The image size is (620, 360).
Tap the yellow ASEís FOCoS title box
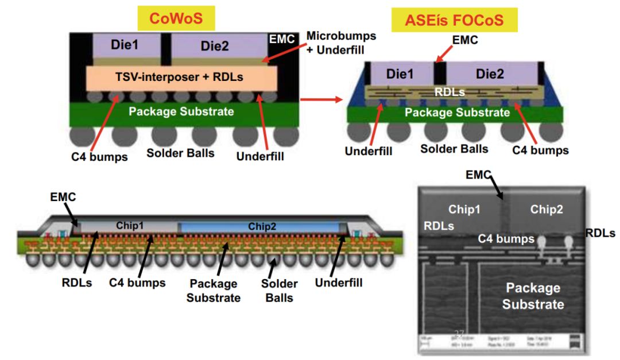pos(454,21)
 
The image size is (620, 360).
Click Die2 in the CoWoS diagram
pos(215,45)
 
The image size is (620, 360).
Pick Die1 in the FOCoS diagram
pos(400,73)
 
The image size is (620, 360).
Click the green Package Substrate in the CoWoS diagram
pos(181,111)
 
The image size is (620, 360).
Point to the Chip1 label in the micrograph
pos(464,210)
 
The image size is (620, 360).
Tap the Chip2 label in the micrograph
pos(546,210)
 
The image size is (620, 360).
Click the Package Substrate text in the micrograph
pos(533,296)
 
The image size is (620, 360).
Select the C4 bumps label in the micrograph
pos(506,238)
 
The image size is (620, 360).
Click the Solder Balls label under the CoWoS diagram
pos(180,153)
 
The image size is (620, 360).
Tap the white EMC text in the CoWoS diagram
pos(282,40)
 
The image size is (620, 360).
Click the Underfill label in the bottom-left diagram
pos(339,282)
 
